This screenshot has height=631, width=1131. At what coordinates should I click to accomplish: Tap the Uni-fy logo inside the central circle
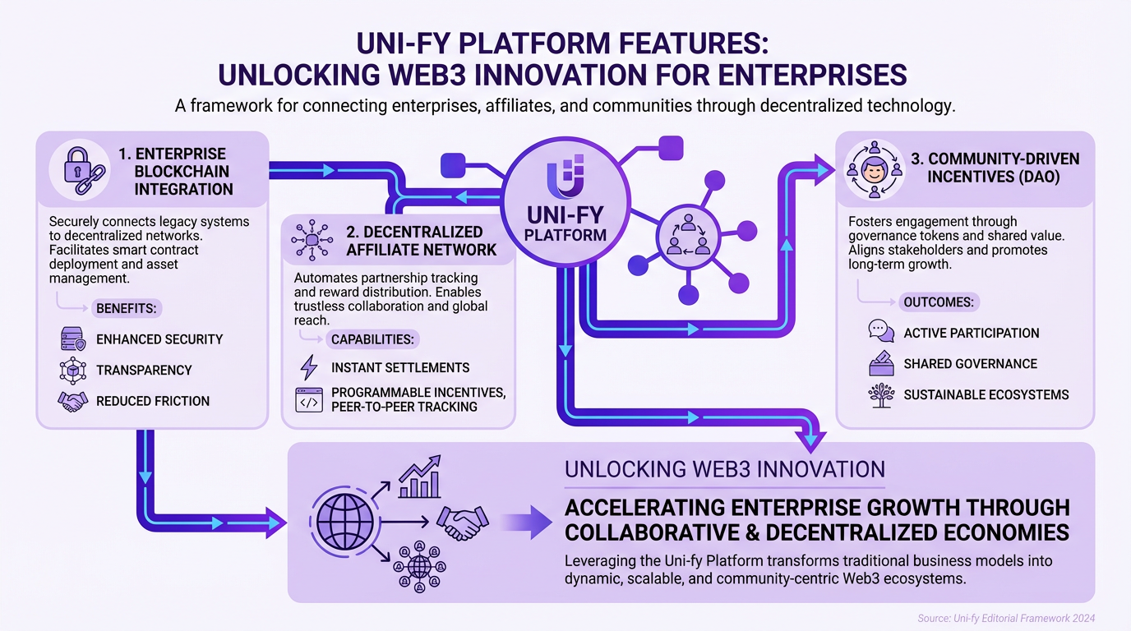pos(565,178)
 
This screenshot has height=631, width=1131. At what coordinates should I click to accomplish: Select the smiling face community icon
pos(875,172)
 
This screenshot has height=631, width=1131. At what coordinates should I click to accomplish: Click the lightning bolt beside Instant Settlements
pos(309,367)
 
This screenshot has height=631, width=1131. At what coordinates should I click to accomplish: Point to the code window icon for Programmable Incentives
pos(309,399)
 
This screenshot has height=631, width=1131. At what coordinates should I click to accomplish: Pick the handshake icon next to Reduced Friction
pos(72,401)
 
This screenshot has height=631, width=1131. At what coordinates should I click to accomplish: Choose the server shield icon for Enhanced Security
pos(72,339)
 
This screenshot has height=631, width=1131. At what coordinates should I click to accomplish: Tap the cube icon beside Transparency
pos(72,371)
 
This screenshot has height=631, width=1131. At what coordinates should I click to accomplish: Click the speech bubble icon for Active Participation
pos(881,332)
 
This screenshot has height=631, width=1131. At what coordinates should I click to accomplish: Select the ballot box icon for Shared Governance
pos(881,363)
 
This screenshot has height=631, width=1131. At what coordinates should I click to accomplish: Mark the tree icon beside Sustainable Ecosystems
pos(881,394)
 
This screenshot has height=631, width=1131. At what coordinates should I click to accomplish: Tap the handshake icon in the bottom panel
pos(463,521)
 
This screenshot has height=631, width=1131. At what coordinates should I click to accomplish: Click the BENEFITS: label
pos(128,309)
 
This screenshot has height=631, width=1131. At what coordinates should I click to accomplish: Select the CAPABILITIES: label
pos(372,339)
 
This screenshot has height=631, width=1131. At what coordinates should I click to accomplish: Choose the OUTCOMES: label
pos(938,302)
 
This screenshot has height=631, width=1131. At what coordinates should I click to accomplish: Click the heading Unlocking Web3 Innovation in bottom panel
pos(724,470)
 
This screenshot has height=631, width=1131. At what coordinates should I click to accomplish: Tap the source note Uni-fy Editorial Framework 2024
pos(1006,618)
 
